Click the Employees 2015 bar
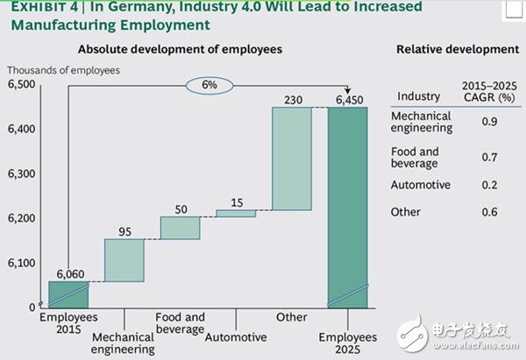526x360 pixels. pos(68,293)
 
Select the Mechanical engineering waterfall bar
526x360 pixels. pos(124,259)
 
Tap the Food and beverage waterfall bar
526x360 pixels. pos(180,228)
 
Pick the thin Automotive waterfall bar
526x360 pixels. pos(236,213)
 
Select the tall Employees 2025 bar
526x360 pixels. pos(348,206)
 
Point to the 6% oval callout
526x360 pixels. pos(209,86)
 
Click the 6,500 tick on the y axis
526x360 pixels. pos(21,84)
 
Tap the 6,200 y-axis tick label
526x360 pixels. pos(21,218)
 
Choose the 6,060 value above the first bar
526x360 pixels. pos(68,273)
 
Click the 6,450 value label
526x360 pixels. pos(348,99)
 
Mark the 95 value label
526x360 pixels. pos(124,231)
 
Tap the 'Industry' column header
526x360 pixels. pos(418,96)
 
